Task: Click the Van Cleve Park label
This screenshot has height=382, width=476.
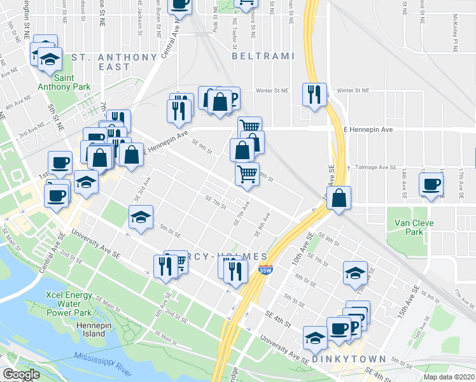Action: point(409,227)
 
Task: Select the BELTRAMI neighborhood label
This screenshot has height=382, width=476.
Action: point(263,57)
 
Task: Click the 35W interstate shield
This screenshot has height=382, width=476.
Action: point(266,270)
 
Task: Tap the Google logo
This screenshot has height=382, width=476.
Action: point(21,374)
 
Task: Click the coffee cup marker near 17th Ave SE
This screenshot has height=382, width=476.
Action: point(431,185)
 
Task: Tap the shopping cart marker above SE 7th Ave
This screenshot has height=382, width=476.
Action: point(246,173)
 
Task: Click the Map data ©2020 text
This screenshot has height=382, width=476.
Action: point(449,376)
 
